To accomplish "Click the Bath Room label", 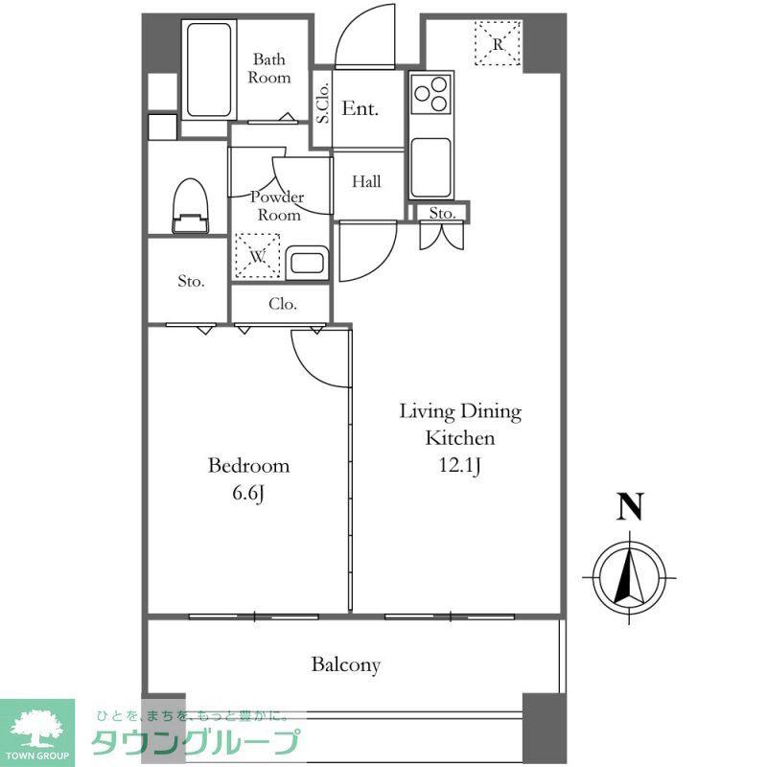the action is (269, 68).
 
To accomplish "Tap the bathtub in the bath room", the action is (209, 70).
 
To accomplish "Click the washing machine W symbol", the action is (258, 256).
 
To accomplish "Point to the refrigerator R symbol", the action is (498, 43).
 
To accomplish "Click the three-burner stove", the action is (430, 93).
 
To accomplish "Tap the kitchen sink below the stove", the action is (430, 167).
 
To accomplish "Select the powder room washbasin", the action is (307, 263).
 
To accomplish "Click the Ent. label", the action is (360, 108).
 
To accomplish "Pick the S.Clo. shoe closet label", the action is (322, 104).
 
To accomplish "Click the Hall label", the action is (366, 182).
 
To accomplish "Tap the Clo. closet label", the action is (283, 304).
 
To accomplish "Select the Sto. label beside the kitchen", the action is (442, 213).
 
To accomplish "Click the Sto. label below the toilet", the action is (191, 281).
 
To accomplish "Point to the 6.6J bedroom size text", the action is (248, 493).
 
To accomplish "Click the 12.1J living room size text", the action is (460, 465).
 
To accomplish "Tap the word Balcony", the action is (346, 665).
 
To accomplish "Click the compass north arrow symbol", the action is (629, 578).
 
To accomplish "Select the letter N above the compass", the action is (630, 506).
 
